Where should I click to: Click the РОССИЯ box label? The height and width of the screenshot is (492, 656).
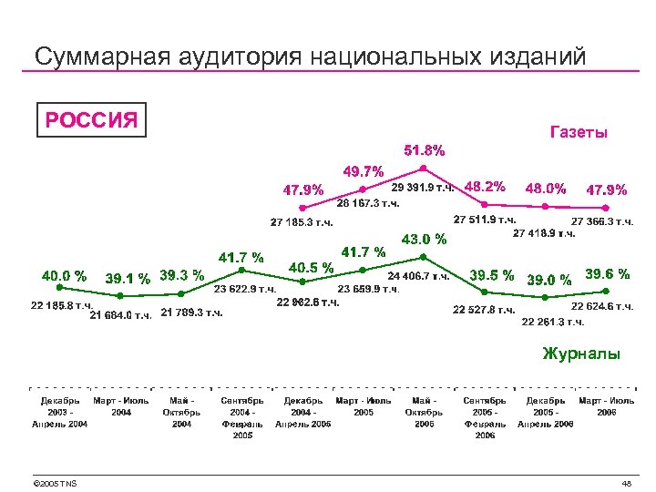[x=91, y=119]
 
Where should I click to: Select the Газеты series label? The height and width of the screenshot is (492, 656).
[x=579, y=133]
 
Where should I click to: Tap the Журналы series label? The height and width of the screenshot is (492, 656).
[x=580, y=353]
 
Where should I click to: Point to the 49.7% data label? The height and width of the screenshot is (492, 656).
[x=363, y=170]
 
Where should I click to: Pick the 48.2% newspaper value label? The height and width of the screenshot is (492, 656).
[x=485, y=186]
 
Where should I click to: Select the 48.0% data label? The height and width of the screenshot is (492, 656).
[x=546, y=190]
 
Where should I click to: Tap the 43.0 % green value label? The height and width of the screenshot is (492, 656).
[x=425, y=240]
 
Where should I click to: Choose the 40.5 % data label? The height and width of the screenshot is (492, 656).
[x=311, y=268]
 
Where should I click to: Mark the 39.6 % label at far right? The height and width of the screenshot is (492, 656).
[x=607, y=273]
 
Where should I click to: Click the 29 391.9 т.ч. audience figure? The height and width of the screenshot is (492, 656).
[x=425, y=187]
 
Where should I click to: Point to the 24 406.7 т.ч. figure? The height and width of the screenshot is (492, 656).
[x=418, y=274]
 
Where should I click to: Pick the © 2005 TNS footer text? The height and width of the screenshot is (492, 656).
[x=54, y=483]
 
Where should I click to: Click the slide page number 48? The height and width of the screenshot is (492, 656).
[x=626, y=483]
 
